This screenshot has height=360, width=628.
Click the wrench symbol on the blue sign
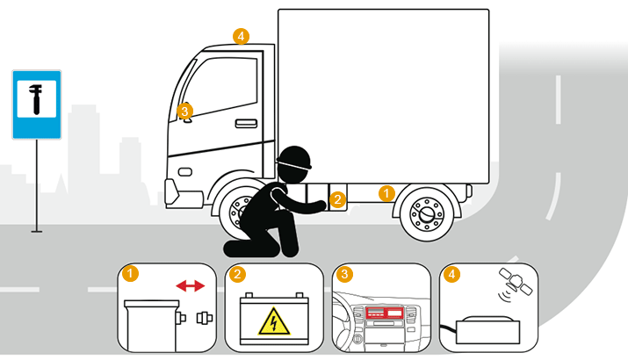(36, 99)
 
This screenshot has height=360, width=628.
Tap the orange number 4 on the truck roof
(241, 37)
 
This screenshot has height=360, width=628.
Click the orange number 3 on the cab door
(184, 112)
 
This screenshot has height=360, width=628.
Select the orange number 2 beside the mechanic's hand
(337, 199)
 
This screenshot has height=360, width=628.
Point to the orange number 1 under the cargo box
(386, 193)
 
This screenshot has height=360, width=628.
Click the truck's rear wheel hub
(427, 213)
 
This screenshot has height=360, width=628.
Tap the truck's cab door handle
(246, 123)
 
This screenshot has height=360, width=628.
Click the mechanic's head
(294, 163)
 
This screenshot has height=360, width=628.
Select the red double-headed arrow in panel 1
(191, 286)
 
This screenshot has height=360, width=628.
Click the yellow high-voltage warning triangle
(274, 322)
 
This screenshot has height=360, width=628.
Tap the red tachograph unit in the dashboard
(384, 313)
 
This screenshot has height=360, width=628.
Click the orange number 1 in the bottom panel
(130, 274)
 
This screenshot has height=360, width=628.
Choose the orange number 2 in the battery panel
(237, 274)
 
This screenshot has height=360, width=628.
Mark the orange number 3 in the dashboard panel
(344, 274)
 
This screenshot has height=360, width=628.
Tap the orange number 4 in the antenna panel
(451, 274)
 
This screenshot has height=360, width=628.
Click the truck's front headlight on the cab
(184, 172)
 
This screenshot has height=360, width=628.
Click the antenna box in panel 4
(487, 330)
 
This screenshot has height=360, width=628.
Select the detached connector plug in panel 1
(205, 319)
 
